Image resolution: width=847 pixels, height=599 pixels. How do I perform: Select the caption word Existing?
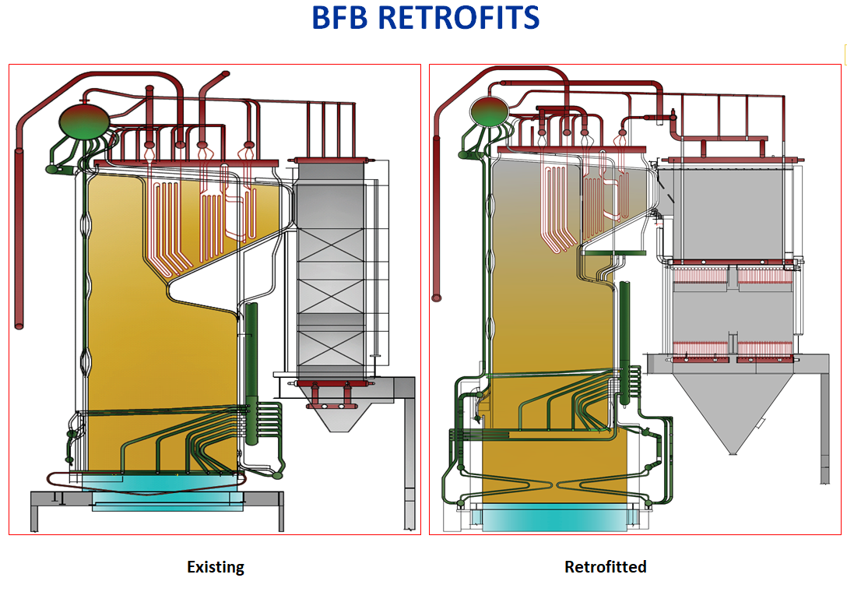pos(216,567)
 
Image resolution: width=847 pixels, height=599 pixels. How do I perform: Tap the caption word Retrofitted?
pos(605,567)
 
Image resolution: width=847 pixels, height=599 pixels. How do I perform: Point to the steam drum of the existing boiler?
pos(84,121)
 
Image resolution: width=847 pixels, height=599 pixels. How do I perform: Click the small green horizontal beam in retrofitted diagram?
pos(615,252)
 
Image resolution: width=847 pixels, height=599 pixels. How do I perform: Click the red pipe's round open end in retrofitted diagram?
pos(438,297)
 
